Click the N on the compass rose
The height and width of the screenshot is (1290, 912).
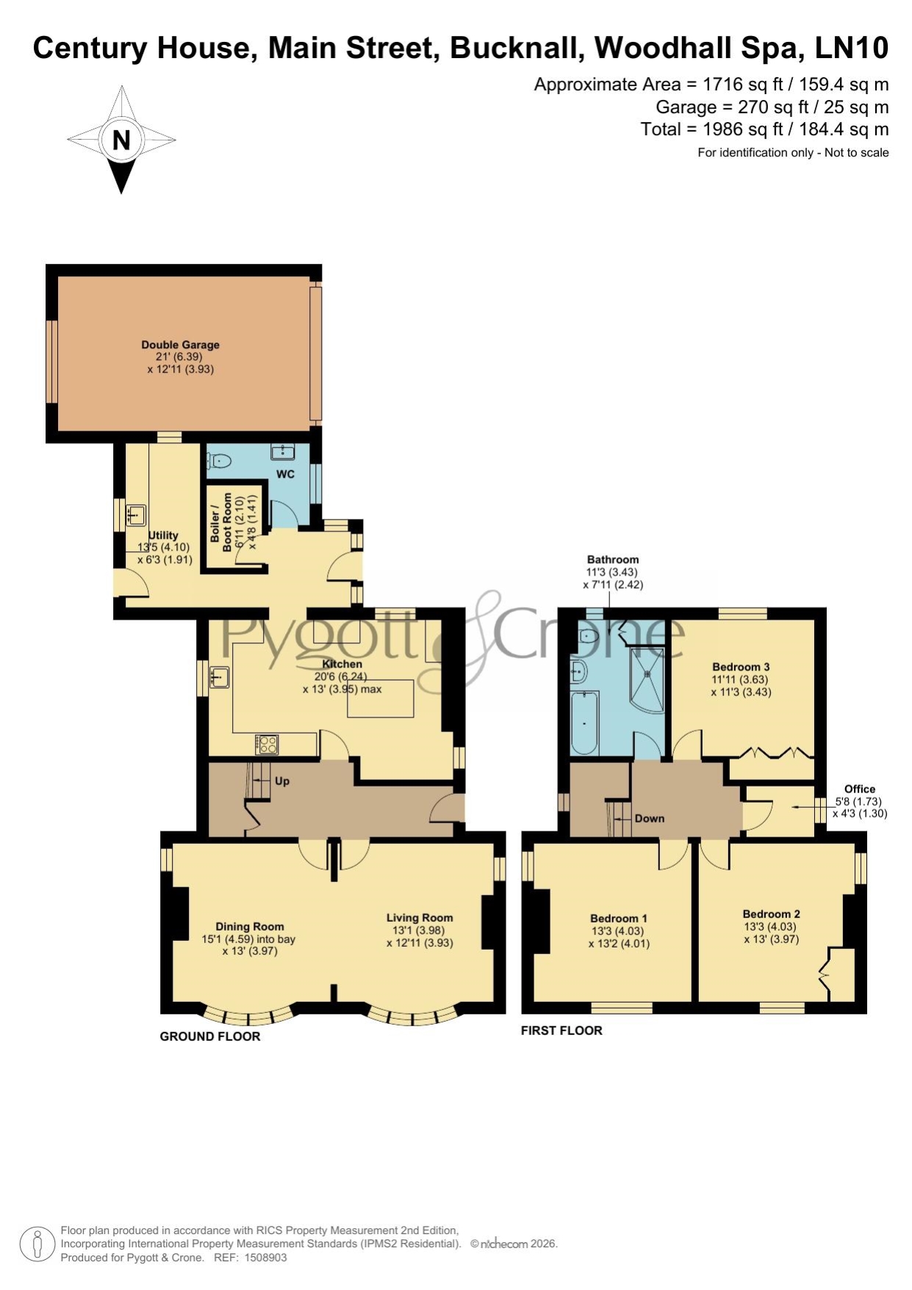121,140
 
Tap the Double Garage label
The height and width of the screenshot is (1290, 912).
180,345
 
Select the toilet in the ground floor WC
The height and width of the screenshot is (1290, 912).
219,461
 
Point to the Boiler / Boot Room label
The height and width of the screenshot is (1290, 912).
221,522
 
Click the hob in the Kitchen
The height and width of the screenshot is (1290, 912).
267,745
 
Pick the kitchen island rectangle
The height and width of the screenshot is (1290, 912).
381,698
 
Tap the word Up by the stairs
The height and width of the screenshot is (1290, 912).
282,781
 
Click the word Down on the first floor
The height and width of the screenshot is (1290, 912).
650,819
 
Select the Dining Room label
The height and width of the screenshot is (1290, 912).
250,927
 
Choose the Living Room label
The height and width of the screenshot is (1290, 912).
420,917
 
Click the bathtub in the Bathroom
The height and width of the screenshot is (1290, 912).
585,723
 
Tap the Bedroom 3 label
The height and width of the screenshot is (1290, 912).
741,667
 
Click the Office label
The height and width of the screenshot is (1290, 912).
860,789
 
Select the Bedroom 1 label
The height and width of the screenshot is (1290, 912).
619,918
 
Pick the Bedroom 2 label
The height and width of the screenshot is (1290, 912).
772,914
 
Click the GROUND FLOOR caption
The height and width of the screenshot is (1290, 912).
210,1036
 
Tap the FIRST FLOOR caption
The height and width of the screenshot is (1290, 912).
561,1031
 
